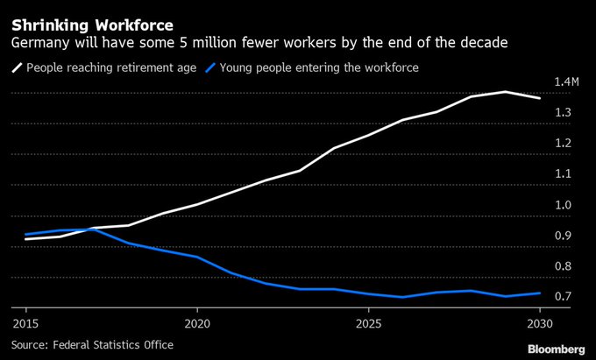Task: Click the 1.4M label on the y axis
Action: tap(567, 81)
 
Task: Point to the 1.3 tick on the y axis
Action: tap(564, 112)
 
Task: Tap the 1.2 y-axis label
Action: tap(564, 143)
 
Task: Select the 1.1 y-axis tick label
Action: tap(564, 173)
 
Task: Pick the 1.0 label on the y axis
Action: tap(564, 204)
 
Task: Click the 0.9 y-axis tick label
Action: tap(564, 235)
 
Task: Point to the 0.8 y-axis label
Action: tap(564, 265)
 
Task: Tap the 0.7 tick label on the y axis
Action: tap(564, 296)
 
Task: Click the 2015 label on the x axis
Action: tap(25, 321)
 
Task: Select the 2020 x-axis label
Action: tap(197, 321)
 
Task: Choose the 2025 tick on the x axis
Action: tap(368, 321)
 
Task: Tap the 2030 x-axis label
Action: tap(540, 321)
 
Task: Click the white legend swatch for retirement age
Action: tap(17, 67)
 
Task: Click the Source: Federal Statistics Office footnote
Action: tap(92, 344)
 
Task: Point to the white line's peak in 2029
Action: tap(506, 92)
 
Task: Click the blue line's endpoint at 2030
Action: tap(539, 293)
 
